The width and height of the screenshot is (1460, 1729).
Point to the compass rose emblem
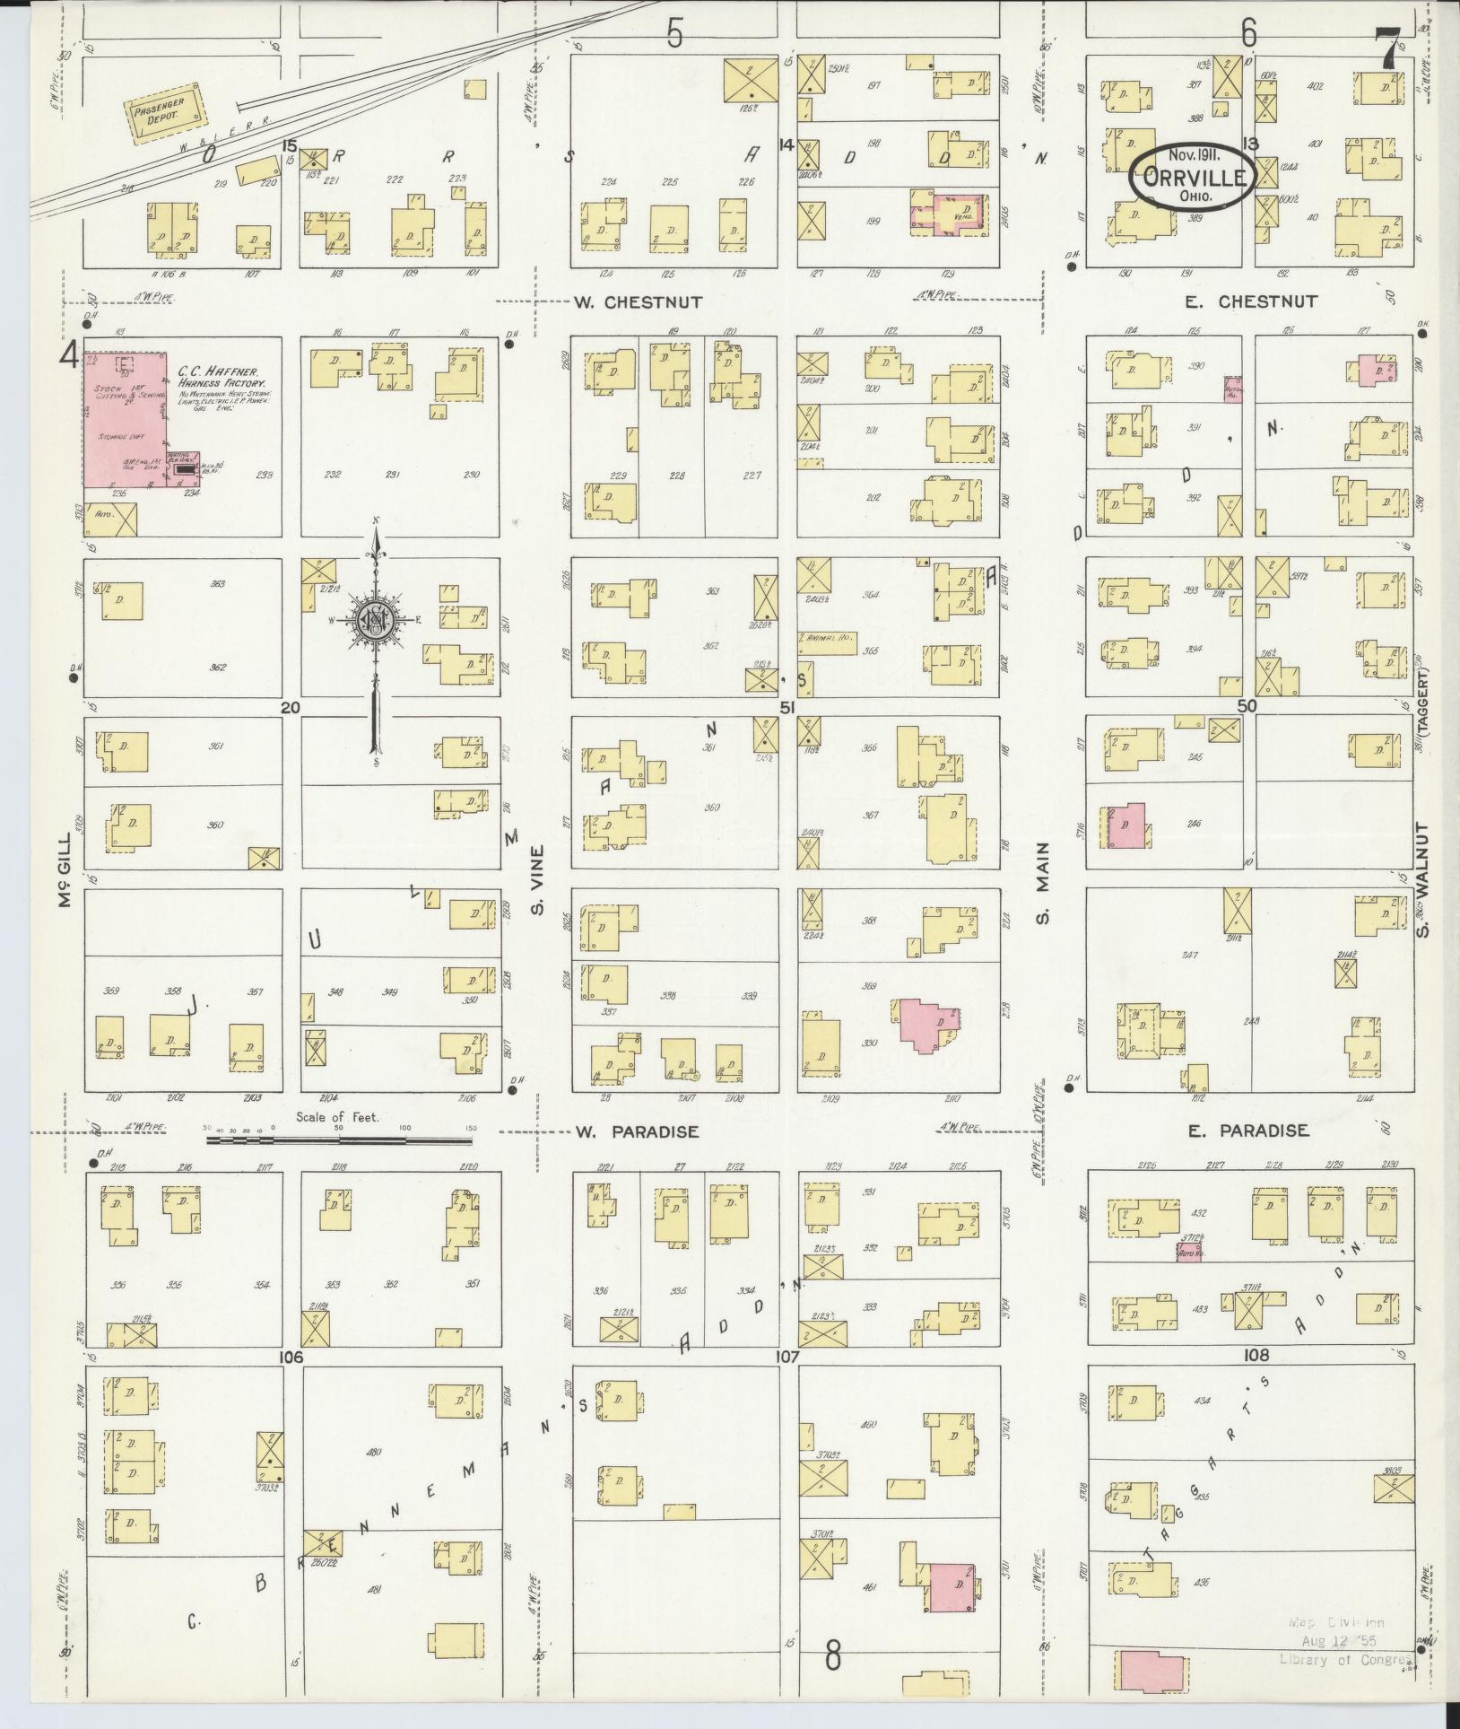[x=376, y=622]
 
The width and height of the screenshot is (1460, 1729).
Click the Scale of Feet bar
[x=339, y=1140]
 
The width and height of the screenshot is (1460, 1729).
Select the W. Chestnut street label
[x=636, y=302]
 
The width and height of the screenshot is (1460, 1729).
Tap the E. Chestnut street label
[x=1251, y=302]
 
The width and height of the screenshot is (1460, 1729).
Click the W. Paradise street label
[x=636, y=1131]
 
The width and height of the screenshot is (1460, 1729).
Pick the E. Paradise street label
[x=1247, y=1131]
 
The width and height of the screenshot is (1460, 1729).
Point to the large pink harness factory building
[x=125, y=419]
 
